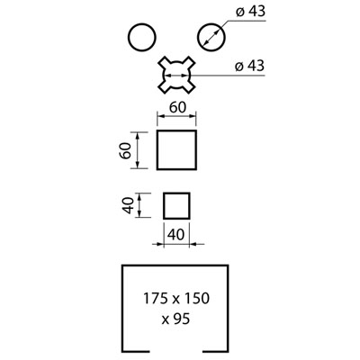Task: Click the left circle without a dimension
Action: click(129, 38)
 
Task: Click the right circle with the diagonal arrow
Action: click(198, 38)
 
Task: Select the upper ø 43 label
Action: click(250, 12)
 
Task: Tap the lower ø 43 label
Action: click(249, 66)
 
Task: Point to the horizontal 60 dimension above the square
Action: click(177, 107)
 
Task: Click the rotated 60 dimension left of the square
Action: click(125, 150)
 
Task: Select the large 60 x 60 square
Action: click(157, 150)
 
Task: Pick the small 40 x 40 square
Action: click(164, 206)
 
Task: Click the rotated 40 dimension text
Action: click(128, 205)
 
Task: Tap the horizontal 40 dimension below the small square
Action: click(176, 234)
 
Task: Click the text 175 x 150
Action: click(176, 299)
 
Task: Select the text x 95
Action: click(175, 319)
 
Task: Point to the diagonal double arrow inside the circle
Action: click(211, 37)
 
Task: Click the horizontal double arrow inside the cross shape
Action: click(176, 75)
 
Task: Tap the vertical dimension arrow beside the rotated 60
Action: click(138, 150)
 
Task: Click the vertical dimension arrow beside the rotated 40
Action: click(139, 205)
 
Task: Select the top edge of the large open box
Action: click(175, 265)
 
